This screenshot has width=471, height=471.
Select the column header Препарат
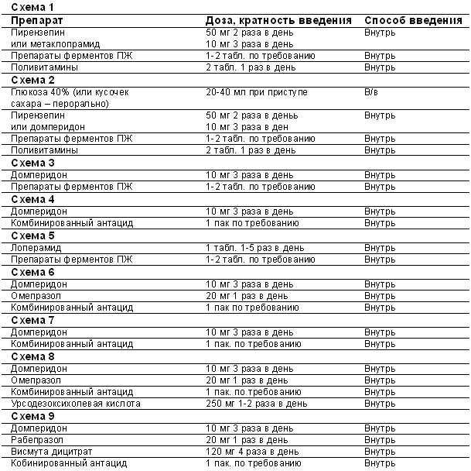click(x=37, y=19)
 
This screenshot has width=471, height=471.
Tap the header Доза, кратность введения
click(x=278, y=19)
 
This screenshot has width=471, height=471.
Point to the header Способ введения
click(x=408, y=19)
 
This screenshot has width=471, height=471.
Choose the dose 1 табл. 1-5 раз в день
click(x=254, y=247)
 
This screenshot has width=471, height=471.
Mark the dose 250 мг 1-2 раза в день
click(x=256, y=404)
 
